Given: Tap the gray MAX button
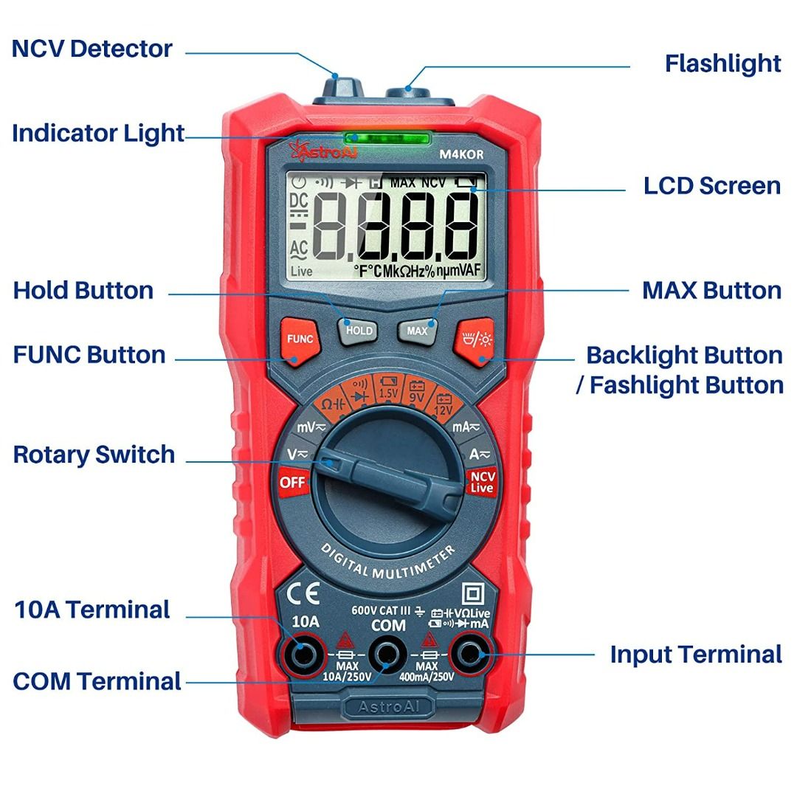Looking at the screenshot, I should point(417,331).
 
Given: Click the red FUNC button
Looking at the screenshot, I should point(300,339).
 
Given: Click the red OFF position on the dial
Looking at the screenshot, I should point(292,483).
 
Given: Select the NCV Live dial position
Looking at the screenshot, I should point(482,482).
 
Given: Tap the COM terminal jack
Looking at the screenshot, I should point(387,654).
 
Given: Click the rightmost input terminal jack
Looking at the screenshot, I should point(470,654).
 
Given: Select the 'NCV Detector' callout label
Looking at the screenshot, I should point(92,49).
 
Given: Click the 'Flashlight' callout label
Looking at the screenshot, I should point(722,63).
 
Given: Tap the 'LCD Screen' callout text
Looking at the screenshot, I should point(712,185).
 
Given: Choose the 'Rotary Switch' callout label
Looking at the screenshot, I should point(94,455).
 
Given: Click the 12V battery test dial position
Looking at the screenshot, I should point(443,404).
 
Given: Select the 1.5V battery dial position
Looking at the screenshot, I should point(388,387).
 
